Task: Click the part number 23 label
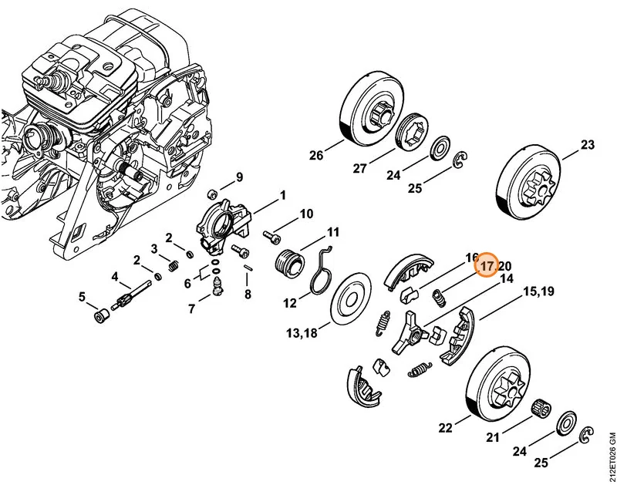pos(587,145)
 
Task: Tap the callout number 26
pos(316,156)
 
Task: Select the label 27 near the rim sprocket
pos(359,169)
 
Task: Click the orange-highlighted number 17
pos(487,266)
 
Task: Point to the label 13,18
pos(302,334)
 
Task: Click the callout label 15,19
pos(538,292)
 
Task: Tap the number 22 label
pos(446,428)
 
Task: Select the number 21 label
pos(493,437)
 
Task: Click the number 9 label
pos(239,177)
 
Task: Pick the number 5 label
pos(82,297)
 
